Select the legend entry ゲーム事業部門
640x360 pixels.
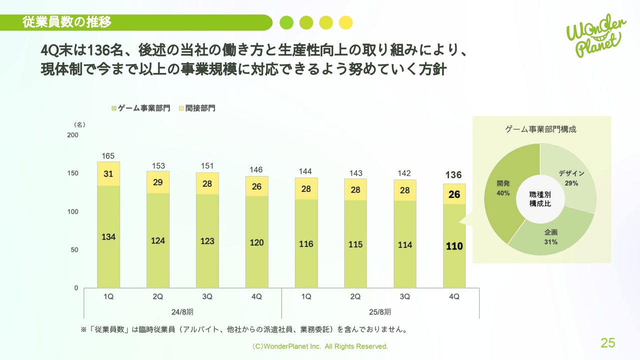coord(140,108)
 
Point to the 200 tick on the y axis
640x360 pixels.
coord(73,135)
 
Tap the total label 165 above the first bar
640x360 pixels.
coord(108,156)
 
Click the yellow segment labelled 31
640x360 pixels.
coord(108,174)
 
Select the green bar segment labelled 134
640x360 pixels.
coord(108,237)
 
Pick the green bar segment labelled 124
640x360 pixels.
coord(157,240)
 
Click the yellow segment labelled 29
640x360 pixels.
coord(157,182)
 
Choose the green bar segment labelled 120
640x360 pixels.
coord(256,242)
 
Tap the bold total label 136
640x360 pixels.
coord(454,175)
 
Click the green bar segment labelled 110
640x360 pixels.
coord(454,246)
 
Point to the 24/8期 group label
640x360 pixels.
coord(182,312)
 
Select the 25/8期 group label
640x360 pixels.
coord(380,312)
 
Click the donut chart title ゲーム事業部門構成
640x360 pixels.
coord(541,129)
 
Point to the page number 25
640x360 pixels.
coord(608,343)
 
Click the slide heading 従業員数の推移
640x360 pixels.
coord(66,22)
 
